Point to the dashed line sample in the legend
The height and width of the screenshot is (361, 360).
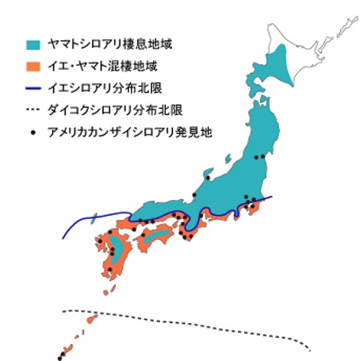[34, 106]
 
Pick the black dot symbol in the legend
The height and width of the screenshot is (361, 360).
[34, 127]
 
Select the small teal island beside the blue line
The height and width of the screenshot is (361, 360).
[93, 216]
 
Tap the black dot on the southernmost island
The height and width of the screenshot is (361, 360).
[59, 356]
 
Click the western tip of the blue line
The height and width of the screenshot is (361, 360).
[63, 236]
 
